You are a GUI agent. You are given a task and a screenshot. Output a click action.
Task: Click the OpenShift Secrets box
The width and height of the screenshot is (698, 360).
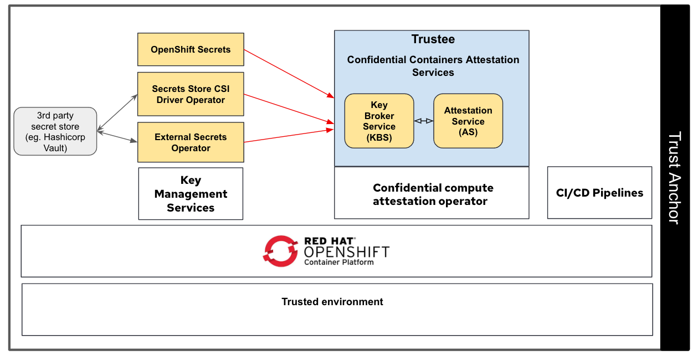click(x=191, y=49)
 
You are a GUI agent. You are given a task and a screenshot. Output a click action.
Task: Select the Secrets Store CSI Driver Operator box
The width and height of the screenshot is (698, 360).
click(x=191, y=94)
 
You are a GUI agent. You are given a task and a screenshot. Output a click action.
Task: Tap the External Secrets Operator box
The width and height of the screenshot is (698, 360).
click(x=191, y=142)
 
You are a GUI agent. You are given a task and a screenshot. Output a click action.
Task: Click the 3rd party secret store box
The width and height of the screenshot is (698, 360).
click(x=55, y=131)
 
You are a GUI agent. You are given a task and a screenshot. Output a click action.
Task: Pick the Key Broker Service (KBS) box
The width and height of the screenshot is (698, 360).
click(x=379, y=121)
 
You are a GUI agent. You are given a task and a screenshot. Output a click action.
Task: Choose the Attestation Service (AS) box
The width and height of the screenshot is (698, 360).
click(x=468, y=121)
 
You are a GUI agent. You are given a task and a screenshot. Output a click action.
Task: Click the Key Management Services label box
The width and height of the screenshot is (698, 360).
click(x=191, y=194)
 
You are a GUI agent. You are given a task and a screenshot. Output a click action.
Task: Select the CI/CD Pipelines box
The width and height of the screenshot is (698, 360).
click(x=599, y=193)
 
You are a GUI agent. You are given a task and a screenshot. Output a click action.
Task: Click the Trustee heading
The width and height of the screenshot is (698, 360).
click(x=433, y=39)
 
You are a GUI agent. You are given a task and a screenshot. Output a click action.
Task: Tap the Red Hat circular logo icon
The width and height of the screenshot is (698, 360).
click(x=280, y=251)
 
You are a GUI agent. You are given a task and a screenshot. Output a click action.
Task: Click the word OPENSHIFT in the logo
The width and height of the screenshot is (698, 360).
click(x=346, y=251)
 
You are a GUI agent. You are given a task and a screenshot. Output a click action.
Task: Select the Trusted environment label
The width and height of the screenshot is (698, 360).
click(x=332, y=302)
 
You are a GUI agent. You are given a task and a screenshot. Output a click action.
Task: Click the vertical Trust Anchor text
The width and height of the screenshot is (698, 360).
click(x=674, y=177)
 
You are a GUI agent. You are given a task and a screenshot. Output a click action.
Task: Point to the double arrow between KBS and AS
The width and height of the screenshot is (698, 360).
click(x=424, y=121)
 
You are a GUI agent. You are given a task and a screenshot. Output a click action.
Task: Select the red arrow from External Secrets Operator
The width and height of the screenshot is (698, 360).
click(x=288, y=136)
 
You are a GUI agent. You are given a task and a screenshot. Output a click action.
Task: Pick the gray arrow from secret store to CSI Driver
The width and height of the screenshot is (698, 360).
click(x=117, y=113)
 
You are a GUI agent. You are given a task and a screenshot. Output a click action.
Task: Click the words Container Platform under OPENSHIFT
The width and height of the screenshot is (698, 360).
click(x=338, y=262)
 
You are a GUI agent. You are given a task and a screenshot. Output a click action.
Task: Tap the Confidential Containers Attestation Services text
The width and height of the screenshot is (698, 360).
click(x=433, y=66)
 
